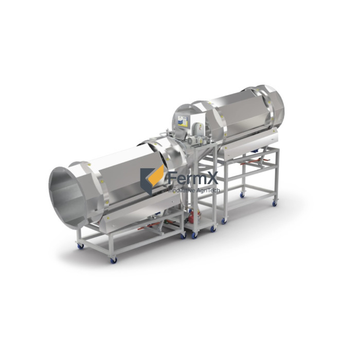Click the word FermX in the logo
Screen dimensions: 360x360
point(193,178)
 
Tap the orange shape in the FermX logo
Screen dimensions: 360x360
point(156,176)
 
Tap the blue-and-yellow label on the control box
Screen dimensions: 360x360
point(183,121)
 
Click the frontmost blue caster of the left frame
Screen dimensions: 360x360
point(114,260)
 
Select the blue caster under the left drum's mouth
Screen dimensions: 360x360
point(81,246)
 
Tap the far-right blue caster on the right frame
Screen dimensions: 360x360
point(274,204)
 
